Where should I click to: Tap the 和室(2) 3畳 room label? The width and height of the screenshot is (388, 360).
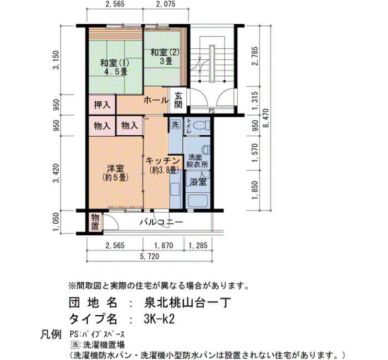coord(165,56)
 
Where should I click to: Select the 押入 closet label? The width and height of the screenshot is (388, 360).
coord(102,105)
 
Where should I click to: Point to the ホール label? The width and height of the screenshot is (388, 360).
coord(156,100)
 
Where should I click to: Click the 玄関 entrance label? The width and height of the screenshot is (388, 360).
coord(178,100)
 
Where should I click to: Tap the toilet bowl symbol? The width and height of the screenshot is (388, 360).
coord(201,126)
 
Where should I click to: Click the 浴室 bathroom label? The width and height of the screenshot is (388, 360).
coord(198,182)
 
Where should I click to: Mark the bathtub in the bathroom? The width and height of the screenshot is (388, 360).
coord(198,201)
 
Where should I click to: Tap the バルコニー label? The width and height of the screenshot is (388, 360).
coord(161,222)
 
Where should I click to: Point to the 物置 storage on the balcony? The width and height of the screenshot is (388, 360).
coord(95,222)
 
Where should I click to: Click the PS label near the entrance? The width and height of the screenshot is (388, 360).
coord(212,111)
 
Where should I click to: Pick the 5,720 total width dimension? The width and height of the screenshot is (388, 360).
coord(150,256)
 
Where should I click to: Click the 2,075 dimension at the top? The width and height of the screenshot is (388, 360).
coord(166,4)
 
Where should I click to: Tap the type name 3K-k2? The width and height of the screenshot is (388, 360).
coord(159,319)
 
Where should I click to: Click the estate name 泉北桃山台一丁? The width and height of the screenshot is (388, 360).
coord(187,302)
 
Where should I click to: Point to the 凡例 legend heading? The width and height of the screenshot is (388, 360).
coord(51,335)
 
